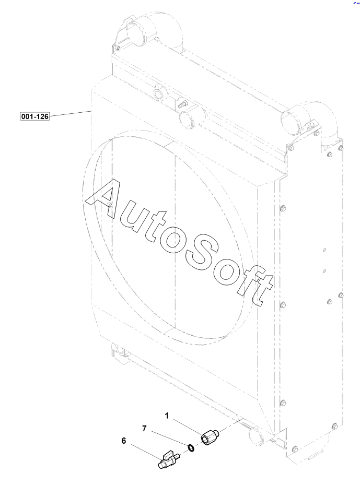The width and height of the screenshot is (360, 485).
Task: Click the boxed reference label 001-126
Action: click(34, 116)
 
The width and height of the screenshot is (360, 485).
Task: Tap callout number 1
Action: click(167, 416)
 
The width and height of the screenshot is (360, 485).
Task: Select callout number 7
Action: click(144, 429)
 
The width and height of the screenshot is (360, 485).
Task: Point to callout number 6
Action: click(124, 441)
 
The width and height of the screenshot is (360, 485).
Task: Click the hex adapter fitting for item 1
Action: click(210, 436)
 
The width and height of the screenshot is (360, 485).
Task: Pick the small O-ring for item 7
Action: click(191, 448)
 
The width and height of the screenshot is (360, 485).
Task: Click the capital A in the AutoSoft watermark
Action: click(104, 198)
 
